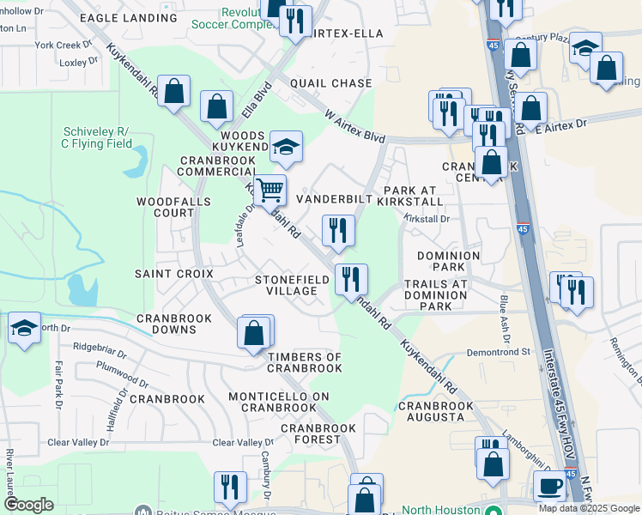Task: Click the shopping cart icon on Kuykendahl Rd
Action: pyautogui.click(x=270, y=189)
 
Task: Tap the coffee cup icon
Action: pyautogui.click(x=549, y=486)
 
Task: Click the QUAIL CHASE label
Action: pyautogui.click(x=330, y=83)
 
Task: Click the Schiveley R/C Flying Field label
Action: pyautogui.click(x=97, y=137)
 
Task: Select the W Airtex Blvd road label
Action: pyautogui.click(x=354, y=124)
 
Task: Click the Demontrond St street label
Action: pyautogui.click(x=500, y=352)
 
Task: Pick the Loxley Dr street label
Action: pyautogui.click(x=75, y=62)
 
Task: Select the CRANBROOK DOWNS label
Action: pyautogui.click(x=174, y=324)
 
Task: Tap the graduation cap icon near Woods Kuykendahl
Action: pyautogui.click(x=286, y=147)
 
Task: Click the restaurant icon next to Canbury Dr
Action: pyautogui.click(x=229, y=487)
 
